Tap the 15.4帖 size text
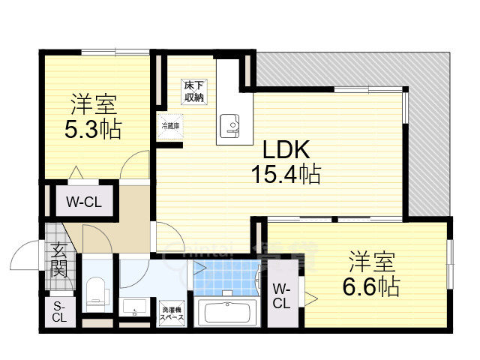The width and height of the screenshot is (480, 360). click(286, 175)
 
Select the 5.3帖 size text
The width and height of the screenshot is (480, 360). click(93, 128)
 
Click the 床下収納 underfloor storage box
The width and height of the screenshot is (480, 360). click(195, 91)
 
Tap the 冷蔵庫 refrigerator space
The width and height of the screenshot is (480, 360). click(169, 127)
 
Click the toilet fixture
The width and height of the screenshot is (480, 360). click(97, 291)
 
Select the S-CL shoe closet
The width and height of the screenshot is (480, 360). click(58, 311)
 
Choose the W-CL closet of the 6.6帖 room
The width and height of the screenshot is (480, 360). click(281, 296)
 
